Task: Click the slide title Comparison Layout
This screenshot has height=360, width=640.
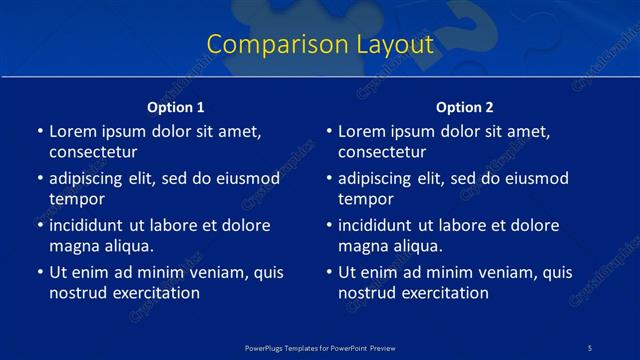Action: click(x=320, y=44)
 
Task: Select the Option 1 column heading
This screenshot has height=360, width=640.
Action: click(x=176, y=107)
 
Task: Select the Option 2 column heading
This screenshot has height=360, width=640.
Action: click(x=465, y=107)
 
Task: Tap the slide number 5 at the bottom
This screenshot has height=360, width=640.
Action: click(x=591, y=347)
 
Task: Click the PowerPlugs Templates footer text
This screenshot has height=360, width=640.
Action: click(x=320, y=347)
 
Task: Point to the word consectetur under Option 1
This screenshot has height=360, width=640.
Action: click(x=93, y=152)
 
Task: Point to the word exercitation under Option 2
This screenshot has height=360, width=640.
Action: click(x=442, y=293)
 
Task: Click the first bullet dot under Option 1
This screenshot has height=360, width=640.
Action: click(x=39, y=132)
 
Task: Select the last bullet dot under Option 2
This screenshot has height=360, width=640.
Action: click(x=328, y=273)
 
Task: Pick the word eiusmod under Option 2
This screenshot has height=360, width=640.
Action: click(x=531, y=178)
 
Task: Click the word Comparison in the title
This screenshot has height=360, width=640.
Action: click(x=264, y=44)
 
